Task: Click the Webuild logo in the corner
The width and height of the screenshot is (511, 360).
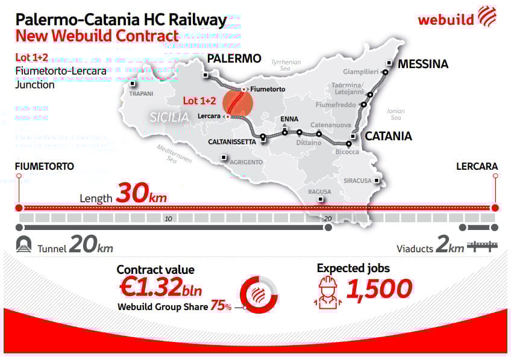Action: pos(457,17)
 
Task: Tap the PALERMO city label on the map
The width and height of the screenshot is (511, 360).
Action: pos(234,58)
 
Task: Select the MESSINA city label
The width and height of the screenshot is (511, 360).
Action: pos(423,64)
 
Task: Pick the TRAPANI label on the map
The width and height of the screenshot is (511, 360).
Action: pos(142,94)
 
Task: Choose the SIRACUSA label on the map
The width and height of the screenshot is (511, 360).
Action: pos(357,181)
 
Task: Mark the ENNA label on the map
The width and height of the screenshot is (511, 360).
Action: pos(290,119)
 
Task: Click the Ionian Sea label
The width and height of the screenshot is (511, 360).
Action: pos(396,114)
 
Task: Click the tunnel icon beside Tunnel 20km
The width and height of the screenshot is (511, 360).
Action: pos(25,245)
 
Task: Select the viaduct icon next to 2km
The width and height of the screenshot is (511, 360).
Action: pos(483,246)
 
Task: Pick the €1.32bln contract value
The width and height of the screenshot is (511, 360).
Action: pos(161,288)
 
